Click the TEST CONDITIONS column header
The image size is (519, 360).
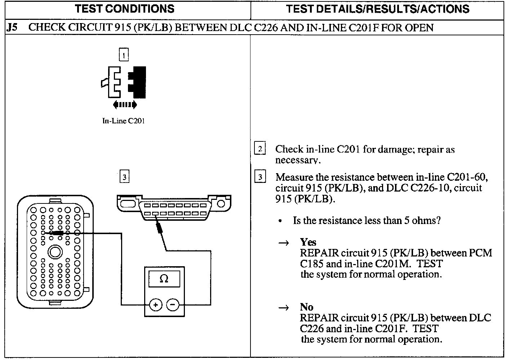(125, 9)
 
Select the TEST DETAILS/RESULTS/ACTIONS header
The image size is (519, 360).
(377, 9)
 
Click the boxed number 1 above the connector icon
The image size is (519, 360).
(124, 55)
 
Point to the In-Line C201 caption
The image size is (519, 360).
(123, 121)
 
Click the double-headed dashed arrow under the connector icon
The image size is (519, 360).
(125, 105)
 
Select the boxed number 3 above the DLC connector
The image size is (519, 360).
(124, 177)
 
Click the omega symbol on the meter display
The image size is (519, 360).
(164, 279)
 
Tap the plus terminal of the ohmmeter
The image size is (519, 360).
(155, 305)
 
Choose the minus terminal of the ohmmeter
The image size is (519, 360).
(173, 305)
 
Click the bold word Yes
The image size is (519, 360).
(308, 242)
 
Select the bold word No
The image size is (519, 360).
(306, 307)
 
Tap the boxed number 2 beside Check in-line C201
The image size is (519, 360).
(260, 149)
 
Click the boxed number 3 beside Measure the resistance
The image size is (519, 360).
(260, 177)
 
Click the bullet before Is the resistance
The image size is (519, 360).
(280, 221)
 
